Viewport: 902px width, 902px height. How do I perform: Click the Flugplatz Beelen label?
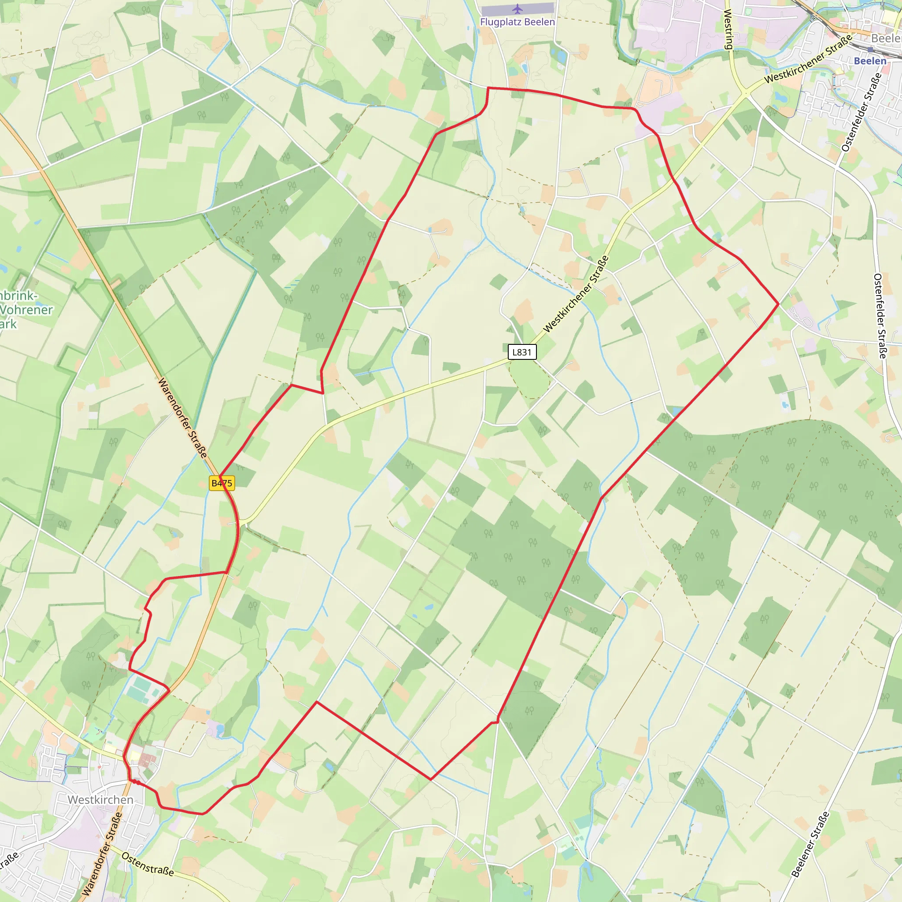(x=518, y=22)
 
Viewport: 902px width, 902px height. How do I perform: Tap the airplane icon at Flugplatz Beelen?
(x=518, y=9)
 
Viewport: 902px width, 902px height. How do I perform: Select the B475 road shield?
(x=222, y=483)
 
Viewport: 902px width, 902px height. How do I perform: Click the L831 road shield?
(x=522, y=352)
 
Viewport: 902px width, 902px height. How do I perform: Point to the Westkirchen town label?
(x=100, y=800)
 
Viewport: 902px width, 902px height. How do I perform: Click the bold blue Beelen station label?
(x=870, y=61)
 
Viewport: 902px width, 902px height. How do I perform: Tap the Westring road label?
(x=728, y=29)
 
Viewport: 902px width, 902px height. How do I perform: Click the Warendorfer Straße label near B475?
(x=182, y=418)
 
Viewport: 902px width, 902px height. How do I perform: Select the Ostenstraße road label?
(x=148, y=864)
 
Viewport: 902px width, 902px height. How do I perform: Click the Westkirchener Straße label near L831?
(x=576, y=294)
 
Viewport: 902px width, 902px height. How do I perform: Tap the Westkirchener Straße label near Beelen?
(x=808, y=59)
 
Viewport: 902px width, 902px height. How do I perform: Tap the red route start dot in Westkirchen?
(x=134, y=781)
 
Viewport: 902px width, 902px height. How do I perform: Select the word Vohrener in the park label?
(x=26, y=310)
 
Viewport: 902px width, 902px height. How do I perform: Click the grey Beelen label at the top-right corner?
(x=886, y=38)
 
